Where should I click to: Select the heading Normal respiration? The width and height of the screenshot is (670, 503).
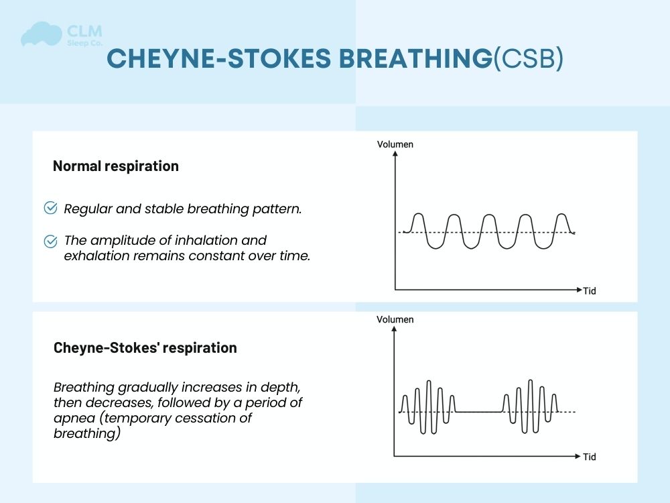[116, 166]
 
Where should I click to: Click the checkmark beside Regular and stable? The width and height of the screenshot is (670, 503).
[50, 208]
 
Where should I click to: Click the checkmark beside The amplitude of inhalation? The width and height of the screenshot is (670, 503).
[50, 240]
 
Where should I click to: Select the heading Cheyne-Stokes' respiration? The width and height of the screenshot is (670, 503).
[145, 348]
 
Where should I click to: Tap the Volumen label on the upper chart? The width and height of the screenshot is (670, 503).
[395, 144]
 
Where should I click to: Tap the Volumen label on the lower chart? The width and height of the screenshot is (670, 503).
[395, 320]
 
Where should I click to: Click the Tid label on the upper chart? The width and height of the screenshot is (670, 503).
[589, 291]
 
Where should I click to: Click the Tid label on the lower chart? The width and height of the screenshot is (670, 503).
[589, 457]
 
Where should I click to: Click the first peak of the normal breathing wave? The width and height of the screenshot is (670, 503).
[419, 215]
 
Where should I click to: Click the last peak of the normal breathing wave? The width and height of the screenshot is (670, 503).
[561, 215]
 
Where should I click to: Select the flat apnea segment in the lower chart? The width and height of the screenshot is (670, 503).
[479, 412]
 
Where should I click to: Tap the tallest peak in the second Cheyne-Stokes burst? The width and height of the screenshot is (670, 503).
[531, 381]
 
